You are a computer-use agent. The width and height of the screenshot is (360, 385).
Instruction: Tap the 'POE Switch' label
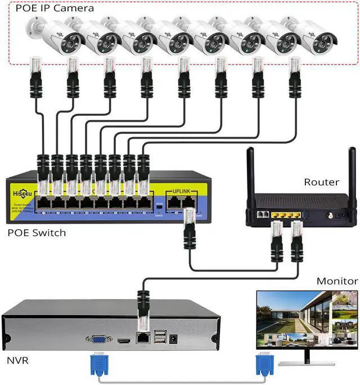pyautogui.click(x=37, y=233)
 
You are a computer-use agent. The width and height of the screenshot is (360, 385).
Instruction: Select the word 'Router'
pyautogui.click(x=321, y=182)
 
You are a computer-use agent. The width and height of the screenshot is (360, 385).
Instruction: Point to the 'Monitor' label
pyautogui.click(x=337, y=281)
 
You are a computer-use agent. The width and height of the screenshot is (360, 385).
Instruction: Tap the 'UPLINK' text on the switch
pyautogui.click(x=182, y=192)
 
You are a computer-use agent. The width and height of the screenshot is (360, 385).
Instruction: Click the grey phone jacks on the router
pyautogui.click(x=262, y=215)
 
